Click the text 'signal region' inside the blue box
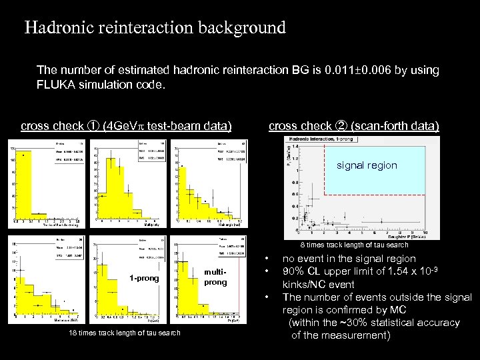click(366, 165)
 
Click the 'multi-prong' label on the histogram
click(215, 277)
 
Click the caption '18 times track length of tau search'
click(125, 333)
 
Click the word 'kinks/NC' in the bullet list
click(304, 284)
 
